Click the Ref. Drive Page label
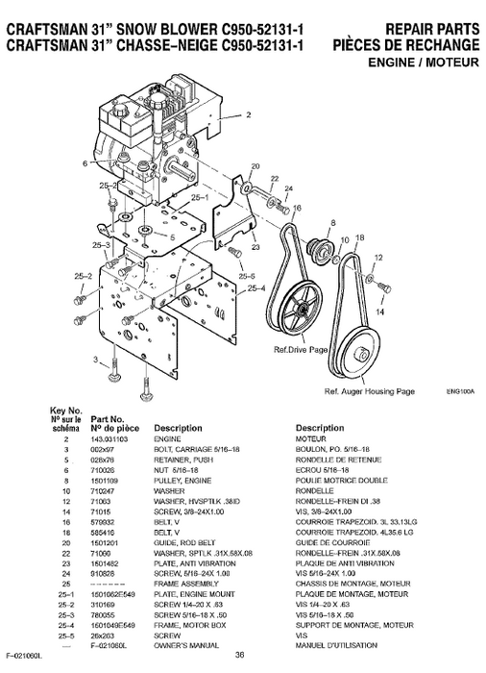click(x=300, y=350)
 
